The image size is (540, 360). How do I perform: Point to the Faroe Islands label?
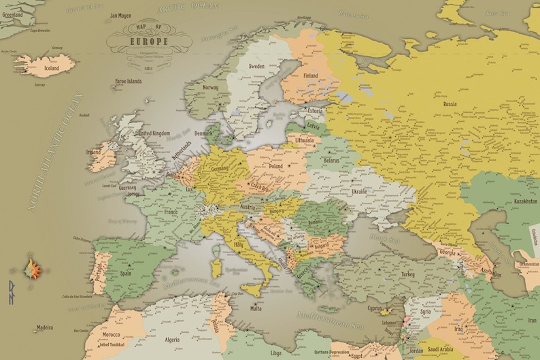[x=129, y=81]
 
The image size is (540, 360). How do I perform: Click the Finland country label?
[x=310, y=76]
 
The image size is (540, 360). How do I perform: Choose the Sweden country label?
[x=256, y=66]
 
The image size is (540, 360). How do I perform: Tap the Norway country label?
[x=210, y=87]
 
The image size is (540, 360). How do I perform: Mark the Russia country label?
[x=450, y=104]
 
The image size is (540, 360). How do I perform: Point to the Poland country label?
[x=276, y=165]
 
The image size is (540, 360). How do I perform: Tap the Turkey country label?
[x=407, y=274]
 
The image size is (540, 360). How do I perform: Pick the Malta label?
[x=256, y=308]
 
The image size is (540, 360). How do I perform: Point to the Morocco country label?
[x=112, y=335]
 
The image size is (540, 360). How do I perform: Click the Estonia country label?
[x=315, y=110]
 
